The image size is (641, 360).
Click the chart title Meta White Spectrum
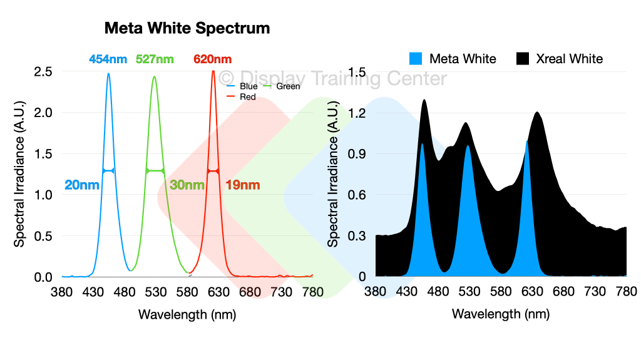187,28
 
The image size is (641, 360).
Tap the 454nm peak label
108,59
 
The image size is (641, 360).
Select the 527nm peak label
155,59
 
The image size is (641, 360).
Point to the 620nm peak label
212,59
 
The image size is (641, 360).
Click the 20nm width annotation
81,185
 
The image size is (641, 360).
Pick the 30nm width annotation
187,185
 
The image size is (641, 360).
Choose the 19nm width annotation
242,185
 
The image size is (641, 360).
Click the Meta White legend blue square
416,59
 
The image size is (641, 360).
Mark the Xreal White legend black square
523,59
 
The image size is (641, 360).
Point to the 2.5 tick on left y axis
43,72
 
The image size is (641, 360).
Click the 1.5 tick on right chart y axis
357,72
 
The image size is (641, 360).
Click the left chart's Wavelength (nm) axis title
187,314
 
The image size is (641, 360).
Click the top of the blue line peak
108,74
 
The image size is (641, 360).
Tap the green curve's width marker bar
155,170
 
